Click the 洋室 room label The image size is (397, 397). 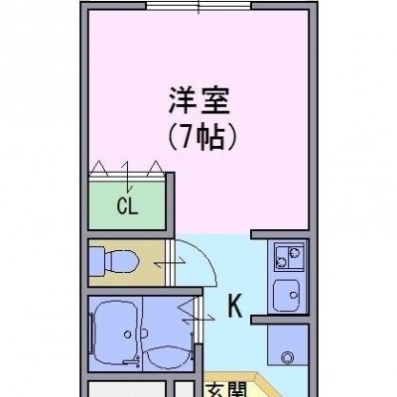click(x=199, y=101)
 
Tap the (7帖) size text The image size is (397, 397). click(x=202, y=137)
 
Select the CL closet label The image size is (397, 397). click(x=127, y=207)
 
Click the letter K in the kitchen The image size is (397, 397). click(x=235, y=307)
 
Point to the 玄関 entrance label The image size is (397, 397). click(x=228, y=390)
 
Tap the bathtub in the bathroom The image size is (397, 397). click(x=116, y=331)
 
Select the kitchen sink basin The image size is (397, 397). click(x=287, y=296)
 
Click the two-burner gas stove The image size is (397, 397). click(x=289, y=257)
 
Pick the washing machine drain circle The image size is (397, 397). click(x=287, y=357)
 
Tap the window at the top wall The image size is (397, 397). click(x=198, y=6)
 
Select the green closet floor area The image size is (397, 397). click(x=127, y=205)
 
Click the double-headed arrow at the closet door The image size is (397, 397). click(x=127, y=178)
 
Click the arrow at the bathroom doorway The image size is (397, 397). click(x=198, y=319)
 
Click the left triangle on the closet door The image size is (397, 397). click(x=98, y=168)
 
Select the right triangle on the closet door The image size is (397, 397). click(x=156, y=168)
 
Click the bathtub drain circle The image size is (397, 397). click(x=128, y=334)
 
